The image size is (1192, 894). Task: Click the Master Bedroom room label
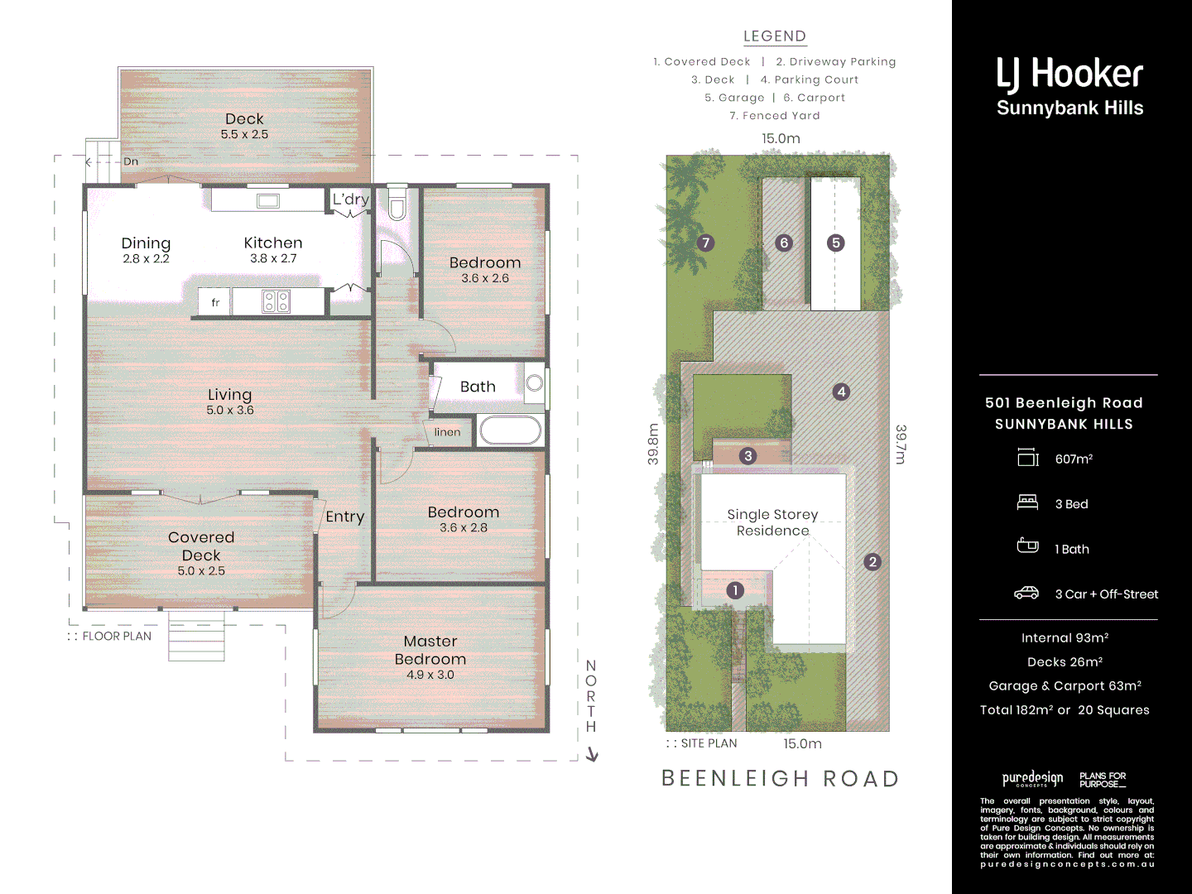(430, 651)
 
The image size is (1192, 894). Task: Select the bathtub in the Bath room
(510, 430)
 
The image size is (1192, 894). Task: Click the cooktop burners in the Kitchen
(276, 301)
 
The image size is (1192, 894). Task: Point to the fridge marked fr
(214, 302)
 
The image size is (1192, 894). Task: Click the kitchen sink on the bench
(267, 200)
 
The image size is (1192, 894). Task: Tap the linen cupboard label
(447, 432)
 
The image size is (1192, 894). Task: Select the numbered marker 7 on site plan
(705, 243)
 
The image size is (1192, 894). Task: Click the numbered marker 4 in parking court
(841, 392)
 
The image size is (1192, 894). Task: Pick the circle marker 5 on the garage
(835, 243)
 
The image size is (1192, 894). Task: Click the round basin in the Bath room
(535, 382)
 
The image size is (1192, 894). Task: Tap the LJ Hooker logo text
(1069, 74)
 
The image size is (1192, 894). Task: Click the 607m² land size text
(1074, 459)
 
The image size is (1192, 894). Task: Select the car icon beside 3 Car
(1026, 593)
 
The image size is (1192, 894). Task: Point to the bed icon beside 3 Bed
(1027, 502)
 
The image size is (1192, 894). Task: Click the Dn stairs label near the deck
(131, 161)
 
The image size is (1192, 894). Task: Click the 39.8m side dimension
(653, 445)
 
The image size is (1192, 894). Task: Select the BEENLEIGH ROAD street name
(780, 779)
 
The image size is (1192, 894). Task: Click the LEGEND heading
(774, 36)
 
